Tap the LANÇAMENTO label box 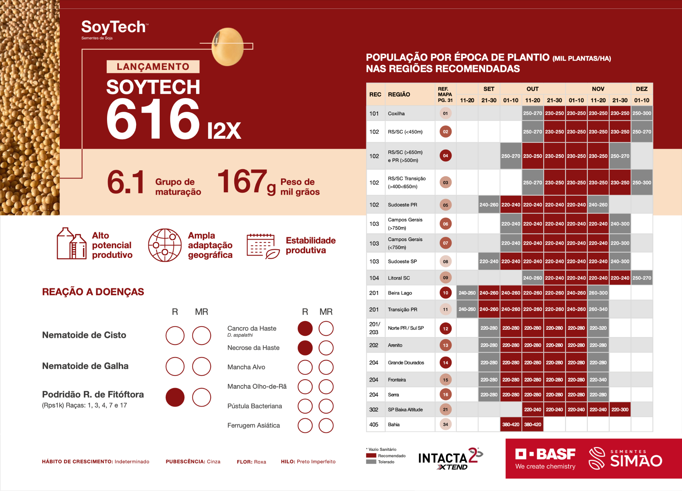(153, 66)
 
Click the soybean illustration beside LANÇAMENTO (227, 47)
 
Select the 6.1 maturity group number (126, 182)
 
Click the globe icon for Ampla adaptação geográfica (165, 245)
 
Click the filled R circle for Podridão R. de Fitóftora (175, 397)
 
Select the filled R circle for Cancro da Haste (305, 328)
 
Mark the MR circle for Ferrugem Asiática (326, 426)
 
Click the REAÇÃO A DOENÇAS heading (93, 292)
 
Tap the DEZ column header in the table (641, 89)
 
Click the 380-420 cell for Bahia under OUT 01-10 (510, 425)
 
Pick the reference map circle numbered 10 (445, 293)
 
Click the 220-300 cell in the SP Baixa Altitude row (620, 410)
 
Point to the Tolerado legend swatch (371, 462)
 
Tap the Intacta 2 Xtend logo (450, 459)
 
